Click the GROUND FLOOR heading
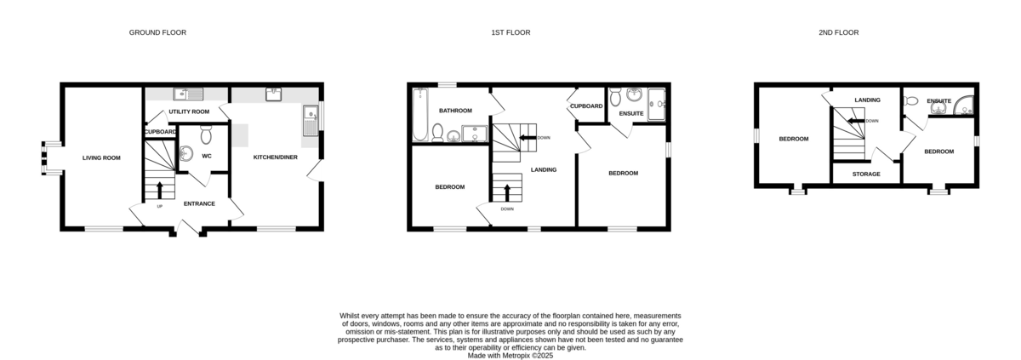pyautogui.click(x=157, y=32)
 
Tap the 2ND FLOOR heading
pyautogui.click(x=839, y=32)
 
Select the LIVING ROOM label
pyautogui.click(x=101, y=158)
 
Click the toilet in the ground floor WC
pyautogui.click(x=206, y=134)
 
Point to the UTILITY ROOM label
pyautogui.click(x=189, y=111)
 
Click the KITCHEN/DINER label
pyautogui.click(x=276, y=157)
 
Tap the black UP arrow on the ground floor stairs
pyautogui.click(x=160, y=190)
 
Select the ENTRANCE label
pyautogui.click(x=199, y=203)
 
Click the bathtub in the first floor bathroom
pyautogui.click(x=419, y=114)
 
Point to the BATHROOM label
pyautogui.click(x=455, y=111)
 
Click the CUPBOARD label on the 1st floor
pyautogui.click(x=586, y=106)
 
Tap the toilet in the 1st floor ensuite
pyautogui.click(x=615, y=97)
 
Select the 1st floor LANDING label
pyautogui.click(x=544, y=169)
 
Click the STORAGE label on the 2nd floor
pyautogui.click(x=866, y=174)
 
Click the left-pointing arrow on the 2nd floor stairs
pyautogui.click(x=857, y=121)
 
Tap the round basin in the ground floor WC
pyautogui.click(x=186, y=153)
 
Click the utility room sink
pyautogui.click(x=188, y=94)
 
